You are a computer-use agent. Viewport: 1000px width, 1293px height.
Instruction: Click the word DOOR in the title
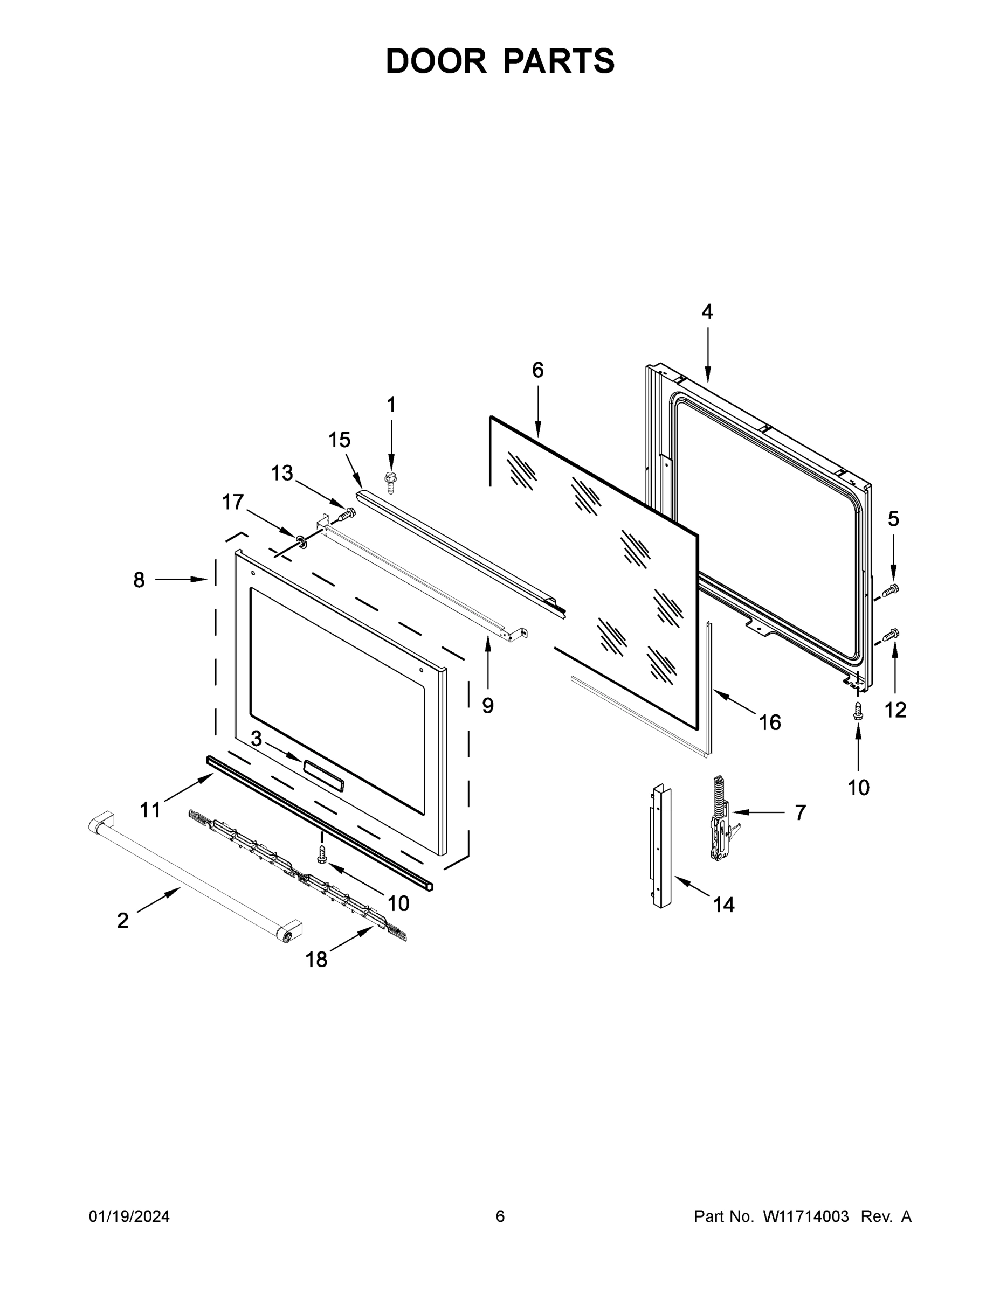[436, 61]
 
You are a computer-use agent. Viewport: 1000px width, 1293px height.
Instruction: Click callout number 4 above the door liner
[707, 311]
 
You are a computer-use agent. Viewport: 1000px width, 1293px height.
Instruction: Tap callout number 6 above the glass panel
[537, 370]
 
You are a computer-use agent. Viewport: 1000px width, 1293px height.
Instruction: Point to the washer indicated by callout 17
[301, 540]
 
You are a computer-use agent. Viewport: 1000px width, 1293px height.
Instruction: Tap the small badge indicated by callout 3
[323, 773]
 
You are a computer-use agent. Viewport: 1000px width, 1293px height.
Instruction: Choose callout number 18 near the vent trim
[316, 960]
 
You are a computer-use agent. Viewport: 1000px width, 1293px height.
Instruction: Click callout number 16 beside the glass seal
[770, 722]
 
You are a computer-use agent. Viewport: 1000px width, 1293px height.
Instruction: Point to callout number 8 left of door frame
[139, 580]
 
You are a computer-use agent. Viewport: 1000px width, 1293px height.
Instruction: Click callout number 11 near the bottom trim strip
[150, 809]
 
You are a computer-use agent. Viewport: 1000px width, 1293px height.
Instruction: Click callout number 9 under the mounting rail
[487, 705]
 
